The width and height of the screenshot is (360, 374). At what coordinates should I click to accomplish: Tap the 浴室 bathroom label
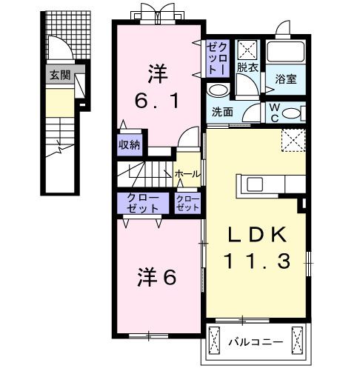286,79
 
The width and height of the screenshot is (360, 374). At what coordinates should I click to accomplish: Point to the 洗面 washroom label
223,113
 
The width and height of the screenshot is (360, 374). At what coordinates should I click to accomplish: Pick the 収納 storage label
129,145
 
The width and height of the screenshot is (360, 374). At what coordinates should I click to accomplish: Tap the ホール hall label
187,173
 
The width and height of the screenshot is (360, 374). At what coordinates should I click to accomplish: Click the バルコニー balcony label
256,343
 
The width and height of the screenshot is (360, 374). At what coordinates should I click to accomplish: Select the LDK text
256,236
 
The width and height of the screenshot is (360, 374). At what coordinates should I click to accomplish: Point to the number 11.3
257,260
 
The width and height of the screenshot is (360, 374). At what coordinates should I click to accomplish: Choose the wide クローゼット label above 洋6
141,203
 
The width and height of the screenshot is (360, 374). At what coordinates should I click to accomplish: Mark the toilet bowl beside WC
293,113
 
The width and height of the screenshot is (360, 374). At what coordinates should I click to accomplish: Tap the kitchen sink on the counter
253,184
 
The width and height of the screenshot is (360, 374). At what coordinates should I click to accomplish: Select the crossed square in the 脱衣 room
246,49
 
